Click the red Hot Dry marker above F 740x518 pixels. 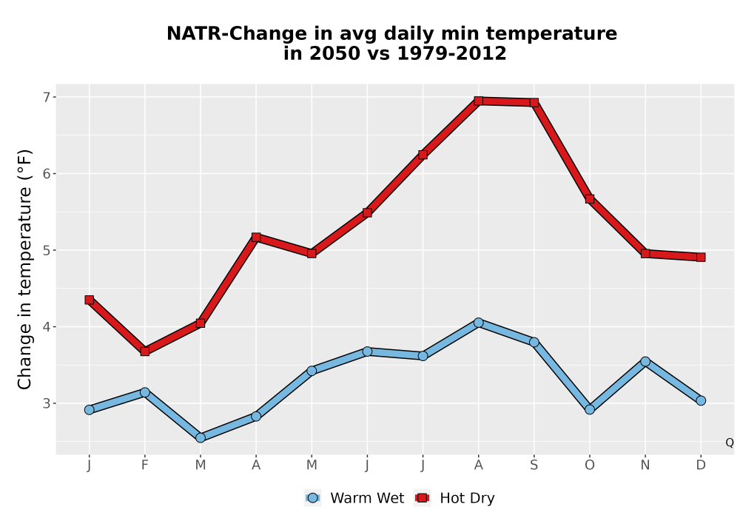pos(145,351)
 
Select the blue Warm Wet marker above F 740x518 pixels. pos(145,392)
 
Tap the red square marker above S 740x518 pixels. pos(534,103)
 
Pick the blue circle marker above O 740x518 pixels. pos(590,409)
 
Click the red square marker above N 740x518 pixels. pos(645,254)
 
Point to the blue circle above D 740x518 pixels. pos(701,400)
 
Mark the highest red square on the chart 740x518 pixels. pos(479,101)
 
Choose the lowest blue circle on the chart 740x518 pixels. pos(201,438)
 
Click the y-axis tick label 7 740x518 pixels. pos(46,97)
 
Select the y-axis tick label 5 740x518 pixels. pos(46,250)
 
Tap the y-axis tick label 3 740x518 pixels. pos(46,403)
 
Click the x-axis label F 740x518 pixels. pos(145,465)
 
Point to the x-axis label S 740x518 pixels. pos(534,465)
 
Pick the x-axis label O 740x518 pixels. pos(590,465)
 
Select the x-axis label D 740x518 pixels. pos(701,465)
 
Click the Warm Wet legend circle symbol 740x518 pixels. pos(312,498)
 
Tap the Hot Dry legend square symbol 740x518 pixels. pos(422,498)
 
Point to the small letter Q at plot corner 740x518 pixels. pos(730,443)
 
